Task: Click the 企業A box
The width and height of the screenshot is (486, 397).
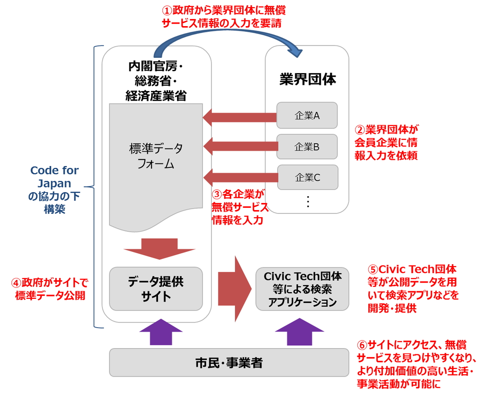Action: tap(307, 115)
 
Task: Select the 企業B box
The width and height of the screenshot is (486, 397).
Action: tap(307, 147)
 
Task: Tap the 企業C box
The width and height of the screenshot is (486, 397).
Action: tap(307, 177)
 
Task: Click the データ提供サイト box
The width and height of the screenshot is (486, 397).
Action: tap(156, 289)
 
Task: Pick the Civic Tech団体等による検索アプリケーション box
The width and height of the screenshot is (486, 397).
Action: tap(302, 289)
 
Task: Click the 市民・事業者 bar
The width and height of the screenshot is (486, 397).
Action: tap(229, 363)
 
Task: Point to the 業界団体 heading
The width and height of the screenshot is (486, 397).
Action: tap(308, 79)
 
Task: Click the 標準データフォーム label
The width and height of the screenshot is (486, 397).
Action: tap(156, 157)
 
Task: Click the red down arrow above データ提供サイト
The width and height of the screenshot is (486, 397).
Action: tap(159, 249)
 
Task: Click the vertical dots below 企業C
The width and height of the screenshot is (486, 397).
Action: tap(308, 202)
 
